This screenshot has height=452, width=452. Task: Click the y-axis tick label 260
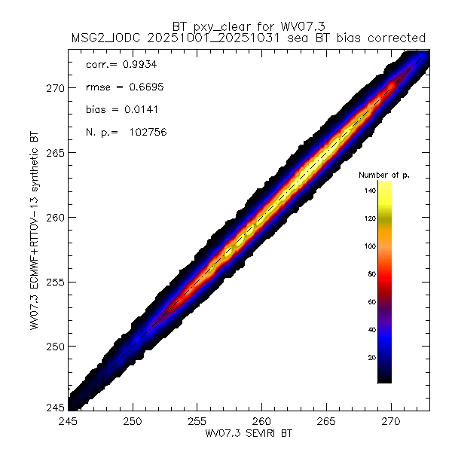(x=53, y=217)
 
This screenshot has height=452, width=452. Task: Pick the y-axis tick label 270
(x=53, y=87)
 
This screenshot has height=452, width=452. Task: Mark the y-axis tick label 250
(x=53, y=347)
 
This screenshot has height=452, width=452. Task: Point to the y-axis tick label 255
(x=53, y=282)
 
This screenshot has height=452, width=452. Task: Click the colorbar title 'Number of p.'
(x=383, y=175)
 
